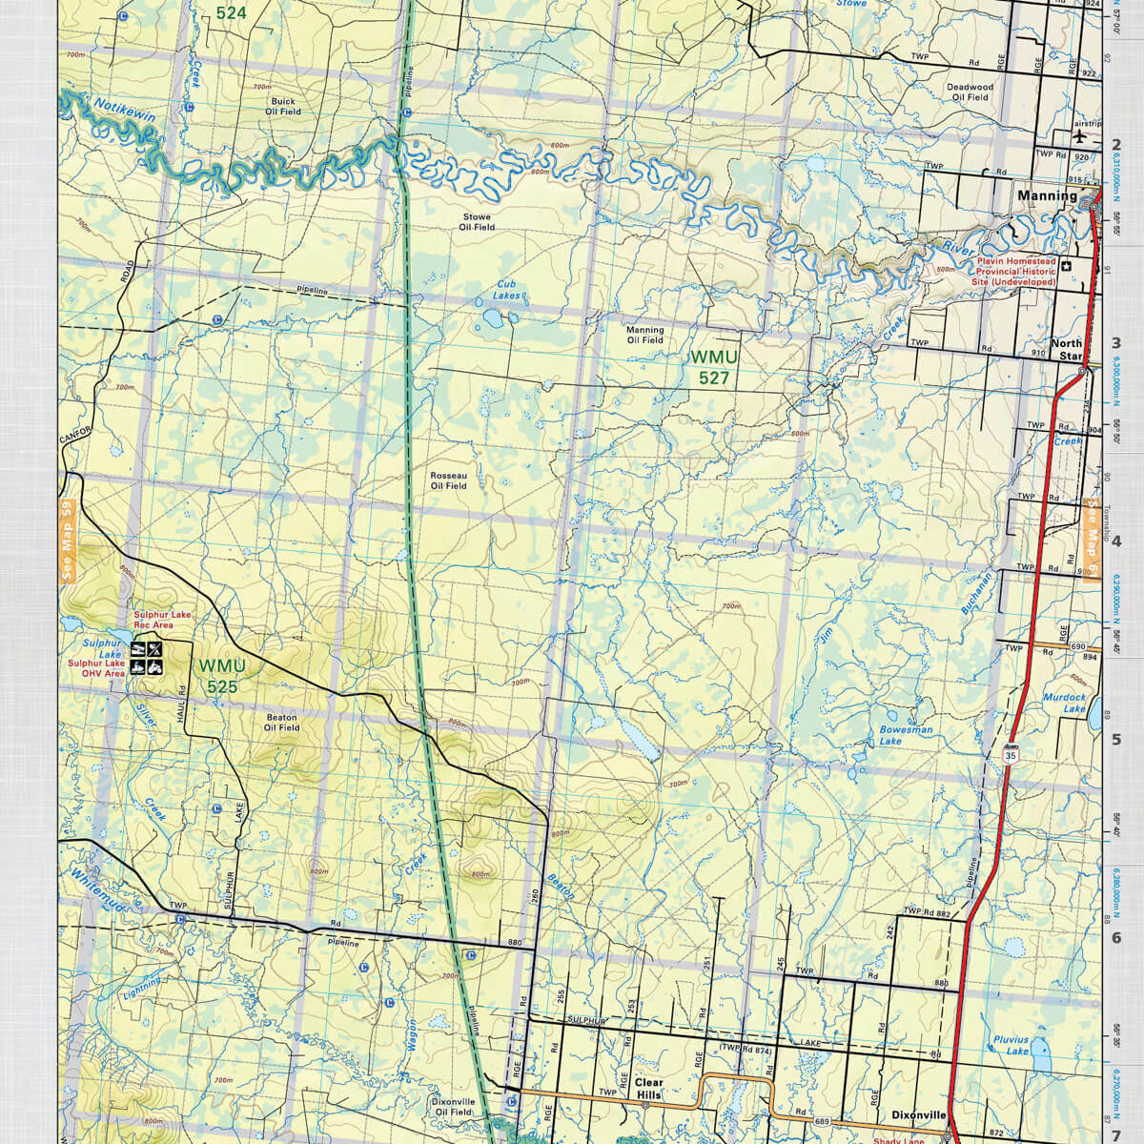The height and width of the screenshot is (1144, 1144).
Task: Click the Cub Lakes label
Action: click(508, 291)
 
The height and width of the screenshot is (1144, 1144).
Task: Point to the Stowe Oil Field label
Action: click(477, 222)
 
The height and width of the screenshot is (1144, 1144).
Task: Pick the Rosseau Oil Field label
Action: click(448, 480)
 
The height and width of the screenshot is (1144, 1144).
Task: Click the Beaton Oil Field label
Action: click(281, 722)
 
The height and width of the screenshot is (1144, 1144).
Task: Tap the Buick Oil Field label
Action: click(283, 106)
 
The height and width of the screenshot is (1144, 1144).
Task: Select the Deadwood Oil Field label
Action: click(970, 92)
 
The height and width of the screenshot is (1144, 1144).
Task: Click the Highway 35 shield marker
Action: click(1011, 754)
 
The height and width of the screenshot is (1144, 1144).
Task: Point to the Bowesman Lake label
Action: click(906, 735)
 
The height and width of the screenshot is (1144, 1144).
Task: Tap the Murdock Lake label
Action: click(1065, 704)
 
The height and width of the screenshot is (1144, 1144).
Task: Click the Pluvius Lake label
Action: click(1010, 1045)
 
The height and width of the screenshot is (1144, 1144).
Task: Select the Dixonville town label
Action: click(919, 1113)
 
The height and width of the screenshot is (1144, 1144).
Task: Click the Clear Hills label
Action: click(648, 1089)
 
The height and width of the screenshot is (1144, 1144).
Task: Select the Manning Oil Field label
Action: click(644, 335)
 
